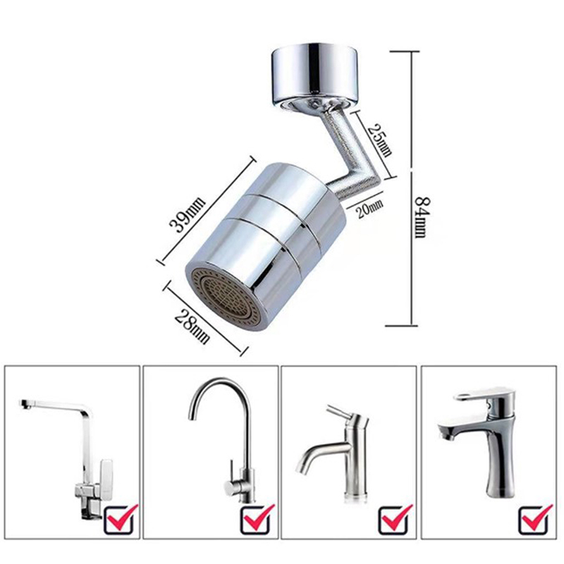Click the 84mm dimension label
tap(422, 217)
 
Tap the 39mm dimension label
tap(187, 215)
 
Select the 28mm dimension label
tap(192, 326)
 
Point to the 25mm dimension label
tap(380, 140)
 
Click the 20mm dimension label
tap(369, 209)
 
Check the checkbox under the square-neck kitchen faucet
tap(121, 519)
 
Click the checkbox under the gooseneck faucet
tap(257, 519)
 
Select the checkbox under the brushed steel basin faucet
tap(396, 519)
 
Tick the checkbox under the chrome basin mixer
tap(535, 519)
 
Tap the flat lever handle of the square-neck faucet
tap(107, 474)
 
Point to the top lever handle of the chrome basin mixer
tap(482, 394)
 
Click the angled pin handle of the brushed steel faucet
tap(342, 414)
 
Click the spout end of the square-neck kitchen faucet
tap(24, 404)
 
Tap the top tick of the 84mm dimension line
tap(405, 51)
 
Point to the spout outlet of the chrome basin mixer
tap(444, 434)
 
